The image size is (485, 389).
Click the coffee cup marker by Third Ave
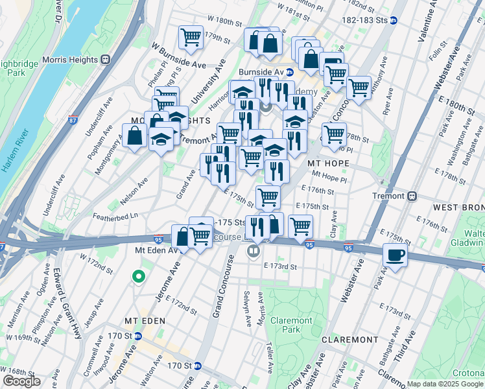(394, 254)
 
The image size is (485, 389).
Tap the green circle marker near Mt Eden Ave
(138, 277)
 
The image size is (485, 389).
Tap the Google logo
(21, 381)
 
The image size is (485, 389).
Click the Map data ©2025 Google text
(445, 384)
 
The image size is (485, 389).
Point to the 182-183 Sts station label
(360, 21)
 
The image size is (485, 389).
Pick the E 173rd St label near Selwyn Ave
(279, 266)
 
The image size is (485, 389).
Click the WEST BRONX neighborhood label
(458, 207)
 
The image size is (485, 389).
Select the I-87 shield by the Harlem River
(73, 120)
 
